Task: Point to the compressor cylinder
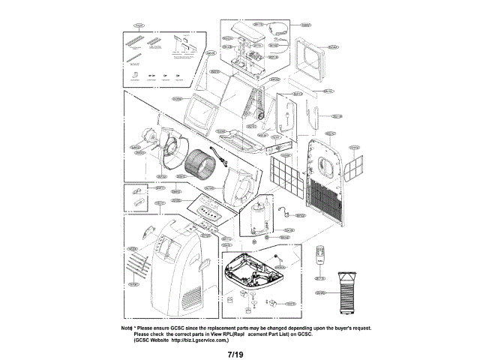tap(258, 217)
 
